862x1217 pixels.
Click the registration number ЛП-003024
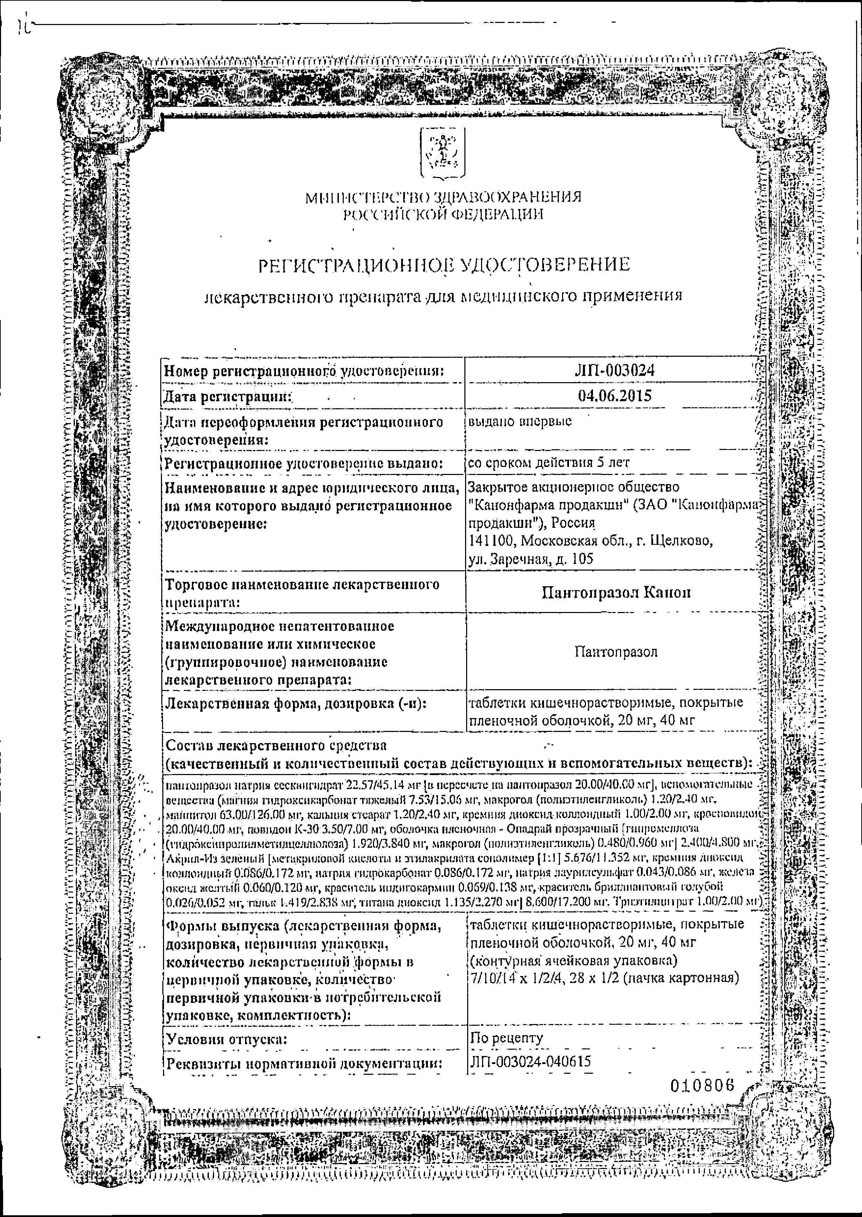click(x=614, y=370)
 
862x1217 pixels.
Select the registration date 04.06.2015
click(x=614, y=396)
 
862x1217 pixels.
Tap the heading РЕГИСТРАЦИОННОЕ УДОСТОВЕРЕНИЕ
click(x=444, y=264)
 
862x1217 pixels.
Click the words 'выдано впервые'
click(x=521, y=421)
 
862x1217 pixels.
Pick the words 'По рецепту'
click(x=507, y=1038)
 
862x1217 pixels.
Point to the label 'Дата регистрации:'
click(x=229, y=396)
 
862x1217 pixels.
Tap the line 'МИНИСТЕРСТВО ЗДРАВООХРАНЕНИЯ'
click(x=443, y=198)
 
